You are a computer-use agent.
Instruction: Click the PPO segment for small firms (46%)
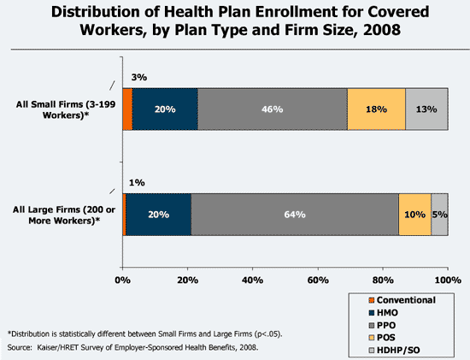273,109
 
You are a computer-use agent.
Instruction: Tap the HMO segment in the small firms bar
165,109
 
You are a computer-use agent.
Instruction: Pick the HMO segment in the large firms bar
157,214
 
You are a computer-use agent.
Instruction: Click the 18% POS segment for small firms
376,109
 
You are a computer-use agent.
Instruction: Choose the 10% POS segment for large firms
414,214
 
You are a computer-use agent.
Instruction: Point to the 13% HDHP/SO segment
426,109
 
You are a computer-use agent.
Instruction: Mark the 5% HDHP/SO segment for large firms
439,214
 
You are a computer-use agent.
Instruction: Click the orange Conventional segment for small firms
127,109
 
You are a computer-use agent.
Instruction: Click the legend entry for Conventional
406,300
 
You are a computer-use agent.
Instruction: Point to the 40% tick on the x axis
252,279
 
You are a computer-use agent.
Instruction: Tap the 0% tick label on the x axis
122,279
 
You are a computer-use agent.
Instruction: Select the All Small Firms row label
59,109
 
